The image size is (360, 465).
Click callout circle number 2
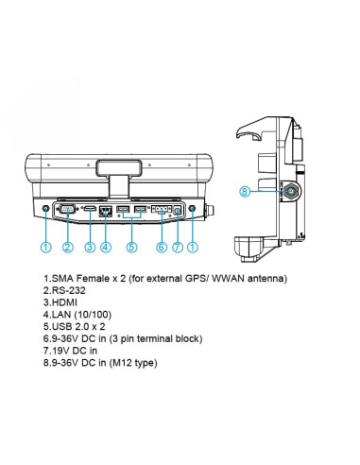pos(68,247)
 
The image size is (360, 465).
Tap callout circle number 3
pos(90,247)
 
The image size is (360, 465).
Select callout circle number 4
pos(106,247)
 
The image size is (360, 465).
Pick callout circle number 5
pos(131,247)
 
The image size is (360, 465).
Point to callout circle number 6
pos(162,247)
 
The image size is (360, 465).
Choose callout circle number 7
pos(178,247)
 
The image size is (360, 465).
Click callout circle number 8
pos(245,191)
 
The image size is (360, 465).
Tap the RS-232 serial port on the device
pos(67,209)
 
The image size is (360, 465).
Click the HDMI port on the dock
pos(90,208)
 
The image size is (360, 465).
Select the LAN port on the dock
pos(106,211)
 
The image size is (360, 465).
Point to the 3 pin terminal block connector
pos(162,209)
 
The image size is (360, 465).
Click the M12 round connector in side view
pos(291,191)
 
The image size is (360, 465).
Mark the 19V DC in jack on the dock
pos(178,210)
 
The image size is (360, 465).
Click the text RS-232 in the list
pos(68,290)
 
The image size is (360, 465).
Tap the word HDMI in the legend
pos(64,302)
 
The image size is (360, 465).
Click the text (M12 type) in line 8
pos(133,363)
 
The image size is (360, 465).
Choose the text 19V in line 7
pos(60,351)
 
